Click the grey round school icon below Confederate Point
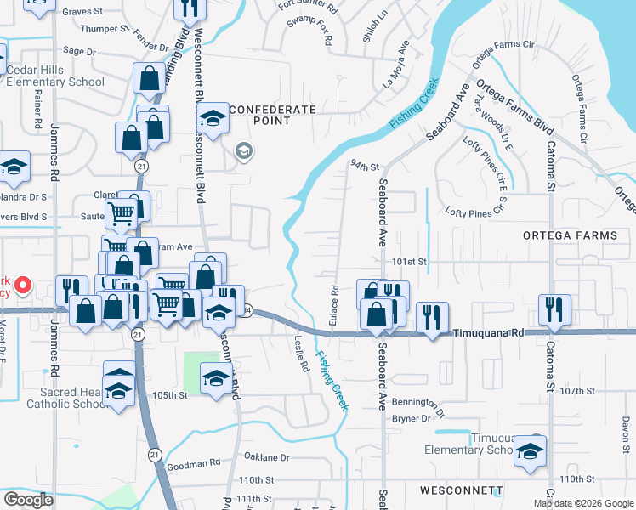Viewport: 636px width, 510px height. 244,151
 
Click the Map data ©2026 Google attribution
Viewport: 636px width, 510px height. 583,503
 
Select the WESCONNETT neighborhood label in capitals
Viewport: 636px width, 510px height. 462,491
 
